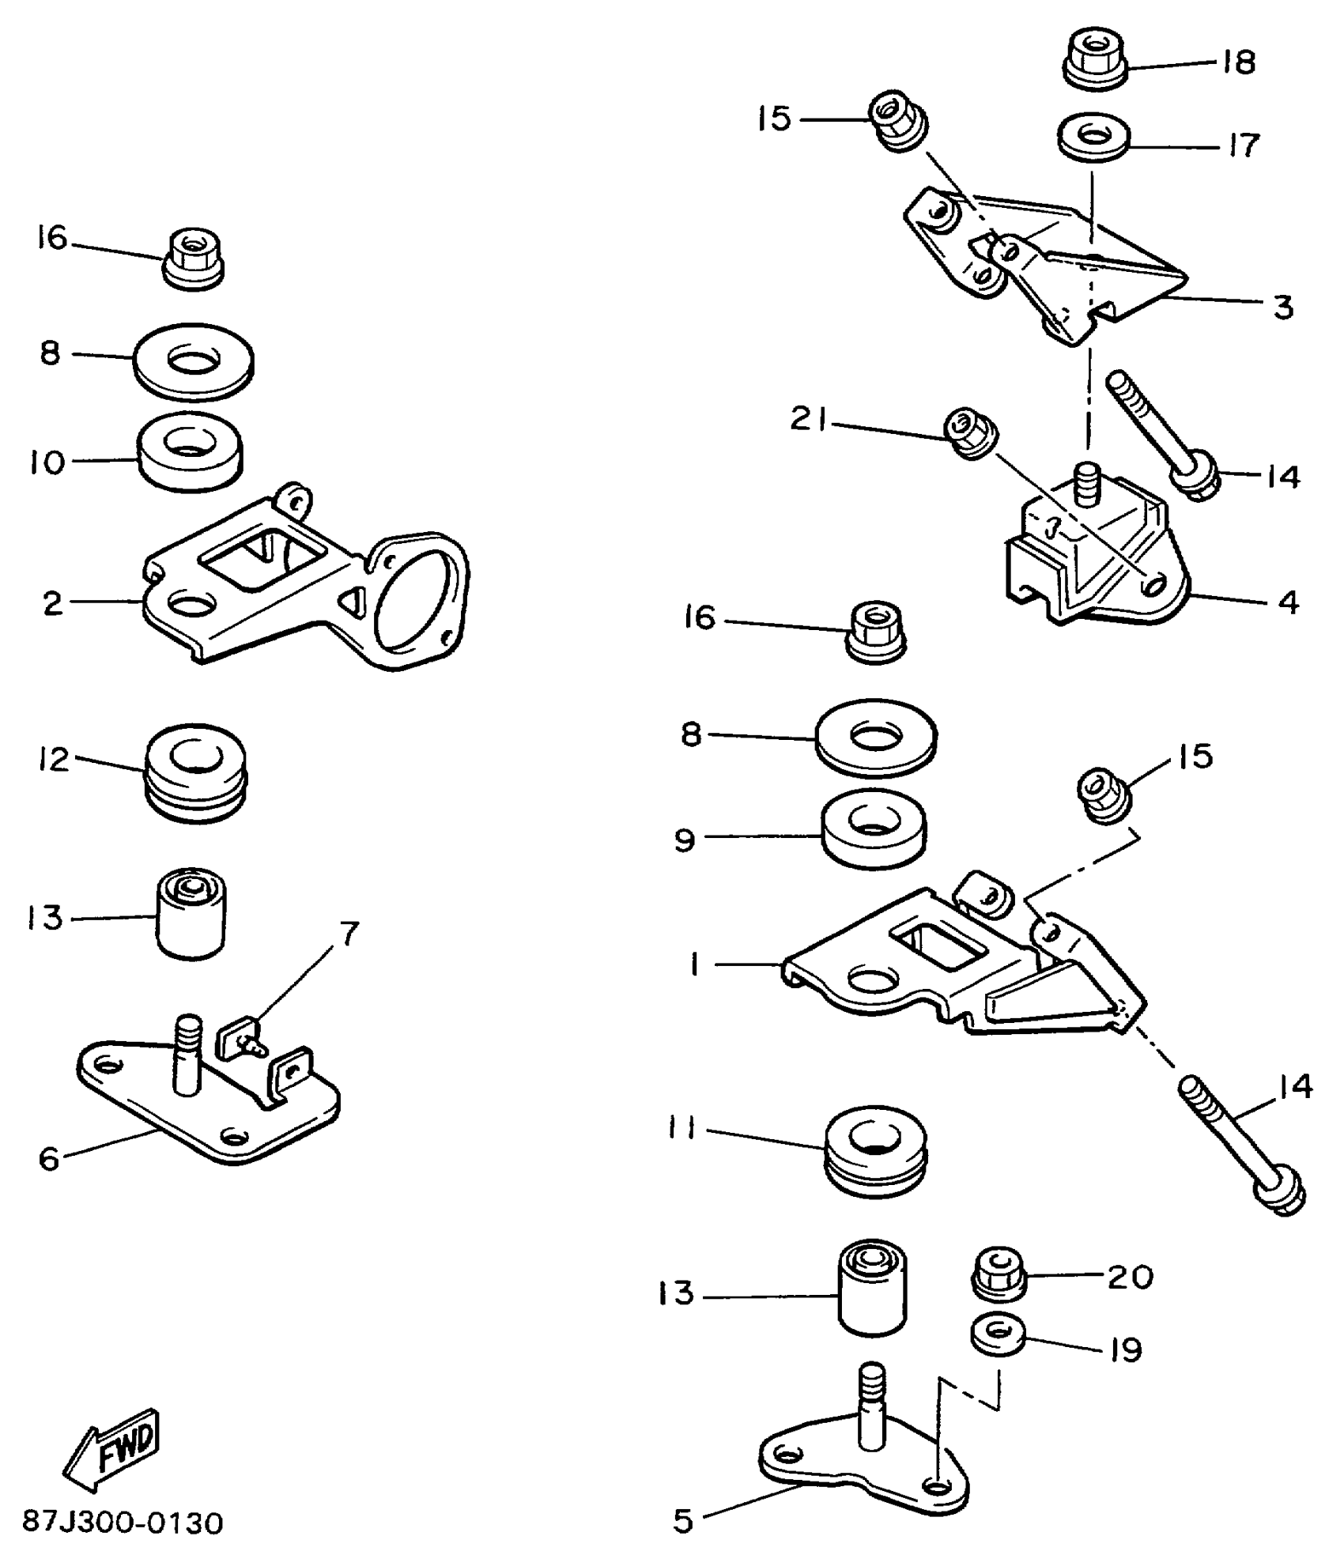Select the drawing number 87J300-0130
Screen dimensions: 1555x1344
[123, 1522]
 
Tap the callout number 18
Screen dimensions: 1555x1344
[1238, 62]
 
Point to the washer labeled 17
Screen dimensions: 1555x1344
[1093, 138]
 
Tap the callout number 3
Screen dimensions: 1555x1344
[1282, 307]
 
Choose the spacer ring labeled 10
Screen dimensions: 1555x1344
[190, 449]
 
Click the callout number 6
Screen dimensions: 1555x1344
[49, 1159]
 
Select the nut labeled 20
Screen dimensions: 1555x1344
[997, 1274]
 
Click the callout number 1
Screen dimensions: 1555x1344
[694, 964]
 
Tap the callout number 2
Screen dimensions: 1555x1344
[52, 603]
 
